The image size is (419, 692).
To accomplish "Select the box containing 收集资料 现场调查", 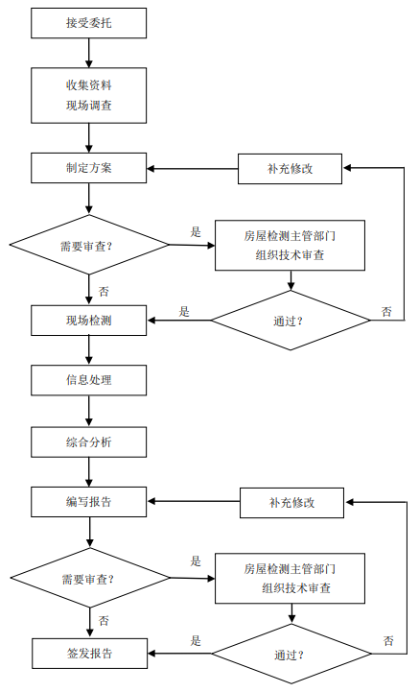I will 89,94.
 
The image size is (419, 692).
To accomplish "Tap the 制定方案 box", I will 89,167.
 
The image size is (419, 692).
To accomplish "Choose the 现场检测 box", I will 89,320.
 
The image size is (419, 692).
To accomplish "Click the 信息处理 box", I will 89,380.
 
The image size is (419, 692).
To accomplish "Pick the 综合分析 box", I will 89,441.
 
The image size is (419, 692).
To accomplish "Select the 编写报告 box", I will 89,501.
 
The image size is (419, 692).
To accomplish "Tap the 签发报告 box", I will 89,653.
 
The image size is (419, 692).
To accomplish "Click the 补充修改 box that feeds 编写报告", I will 291,502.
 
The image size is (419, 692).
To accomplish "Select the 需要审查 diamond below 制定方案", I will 88,245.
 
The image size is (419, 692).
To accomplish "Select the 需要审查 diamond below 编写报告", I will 88,578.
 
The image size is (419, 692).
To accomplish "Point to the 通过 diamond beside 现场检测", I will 291,320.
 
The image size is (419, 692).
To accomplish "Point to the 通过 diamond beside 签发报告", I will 291,654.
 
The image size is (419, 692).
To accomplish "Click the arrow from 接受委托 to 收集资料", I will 89,53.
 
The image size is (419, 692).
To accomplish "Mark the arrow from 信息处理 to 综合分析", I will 89,410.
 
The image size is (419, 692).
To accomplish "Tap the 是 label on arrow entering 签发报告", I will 196,641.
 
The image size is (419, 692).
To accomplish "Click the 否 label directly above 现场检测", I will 103,291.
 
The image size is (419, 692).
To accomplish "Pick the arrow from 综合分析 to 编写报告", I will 89,471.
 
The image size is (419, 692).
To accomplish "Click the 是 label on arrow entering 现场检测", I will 184,311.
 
